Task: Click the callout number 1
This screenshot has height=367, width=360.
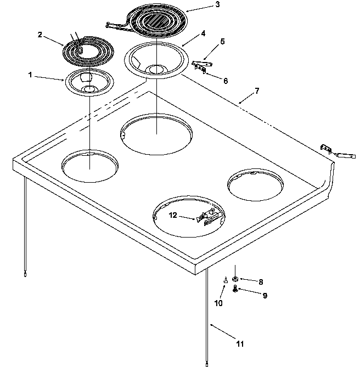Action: [30, 75]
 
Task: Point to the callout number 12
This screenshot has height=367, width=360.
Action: [173, 216]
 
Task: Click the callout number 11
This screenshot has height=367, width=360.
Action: [239, 344]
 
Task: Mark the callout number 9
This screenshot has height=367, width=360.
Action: [265, 295]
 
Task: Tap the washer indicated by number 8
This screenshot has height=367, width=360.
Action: [235, 279]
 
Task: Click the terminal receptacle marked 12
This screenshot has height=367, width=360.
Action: [206, 218]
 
